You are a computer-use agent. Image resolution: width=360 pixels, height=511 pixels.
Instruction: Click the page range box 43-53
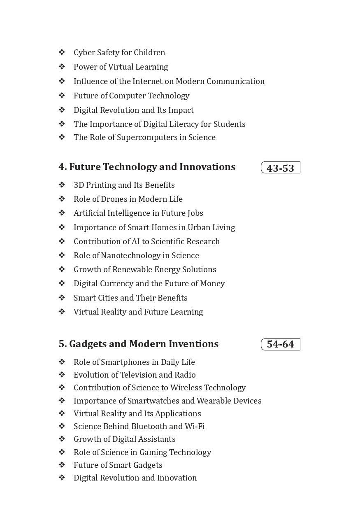click(x=280, y=168)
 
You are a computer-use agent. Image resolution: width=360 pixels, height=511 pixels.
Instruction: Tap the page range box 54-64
click(x=280, y=344)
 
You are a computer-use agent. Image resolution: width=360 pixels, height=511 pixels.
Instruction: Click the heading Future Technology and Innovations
click(x=147, y=167)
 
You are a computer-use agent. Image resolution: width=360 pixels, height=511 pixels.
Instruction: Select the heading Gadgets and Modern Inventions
click(x=139, y=344)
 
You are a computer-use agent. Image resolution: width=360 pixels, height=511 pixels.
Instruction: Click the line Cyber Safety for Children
click(x=119, y=52)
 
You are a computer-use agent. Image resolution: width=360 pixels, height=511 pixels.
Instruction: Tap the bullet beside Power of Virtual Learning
click(x=62, y=67)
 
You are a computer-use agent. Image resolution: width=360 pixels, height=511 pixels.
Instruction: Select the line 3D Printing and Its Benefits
click(x=124, y=185)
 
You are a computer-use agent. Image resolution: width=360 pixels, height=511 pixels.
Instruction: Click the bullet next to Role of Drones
click(x=62, y=199)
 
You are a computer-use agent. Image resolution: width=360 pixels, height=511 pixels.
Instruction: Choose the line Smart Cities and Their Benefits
click(x=130, y=298)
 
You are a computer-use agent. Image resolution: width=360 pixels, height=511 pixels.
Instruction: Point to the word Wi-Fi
click(x=195, y=426)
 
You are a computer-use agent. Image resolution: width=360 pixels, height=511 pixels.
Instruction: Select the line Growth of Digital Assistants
click(x=125, y=439)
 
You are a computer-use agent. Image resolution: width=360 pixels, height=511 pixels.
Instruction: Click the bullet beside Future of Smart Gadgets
click(x=62, y=465)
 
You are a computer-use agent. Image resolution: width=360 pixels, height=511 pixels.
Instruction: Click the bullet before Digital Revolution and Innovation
click(x=62, y=478)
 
